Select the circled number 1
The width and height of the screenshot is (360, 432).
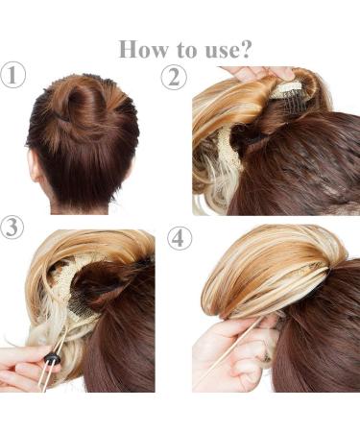[13, 77]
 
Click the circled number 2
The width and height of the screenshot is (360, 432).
[175, 77]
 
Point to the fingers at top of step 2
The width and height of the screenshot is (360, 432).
[254, 73]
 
